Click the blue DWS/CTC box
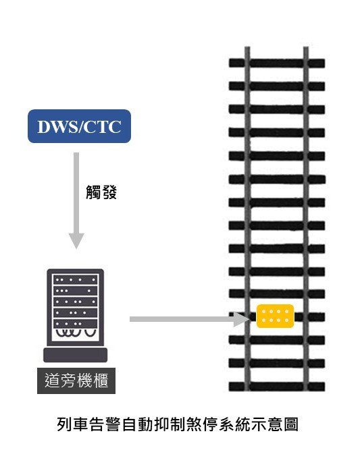click(x=79, y=126)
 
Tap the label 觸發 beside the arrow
click(x=101, y=192)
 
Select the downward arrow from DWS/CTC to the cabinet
click(x=76, y=200)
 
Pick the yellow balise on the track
click(x=275, y=316)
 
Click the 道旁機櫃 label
click(x=76, y=381)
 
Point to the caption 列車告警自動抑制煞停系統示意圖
click(x=178, y=424)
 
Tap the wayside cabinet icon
click(x=75, y=316)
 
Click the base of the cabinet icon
click(x=75, y=355)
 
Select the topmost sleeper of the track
click(x=277, y=63)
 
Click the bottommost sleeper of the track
click(x=277, y=387)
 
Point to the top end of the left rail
click(x=247, y=47)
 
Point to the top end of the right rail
click(x=306, y=47)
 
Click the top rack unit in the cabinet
click(x=75, y=279)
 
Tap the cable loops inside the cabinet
click(x=75, y=333)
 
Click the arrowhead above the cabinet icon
click(x=76, y=241)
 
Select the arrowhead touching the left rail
click(x=242, y=319)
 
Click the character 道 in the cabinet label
click(x=52, y=381)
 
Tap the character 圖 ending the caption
click(x=290, y=424)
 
